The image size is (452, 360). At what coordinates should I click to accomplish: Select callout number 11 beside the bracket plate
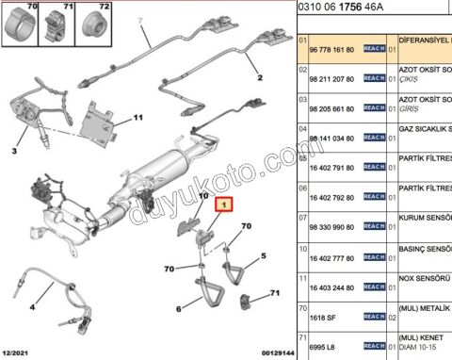pyautogui.click(x=137, y=118)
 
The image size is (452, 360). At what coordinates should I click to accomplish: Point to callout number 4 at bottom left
pyautogui.click(x=32, y=307)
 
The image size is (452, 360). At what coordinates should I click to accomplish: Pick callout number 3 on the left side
pyautogui.click(x=178, y=308)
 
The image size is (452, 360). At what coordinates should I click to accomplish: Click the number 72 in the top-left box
pyautogui.click(x=104, y=7)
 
